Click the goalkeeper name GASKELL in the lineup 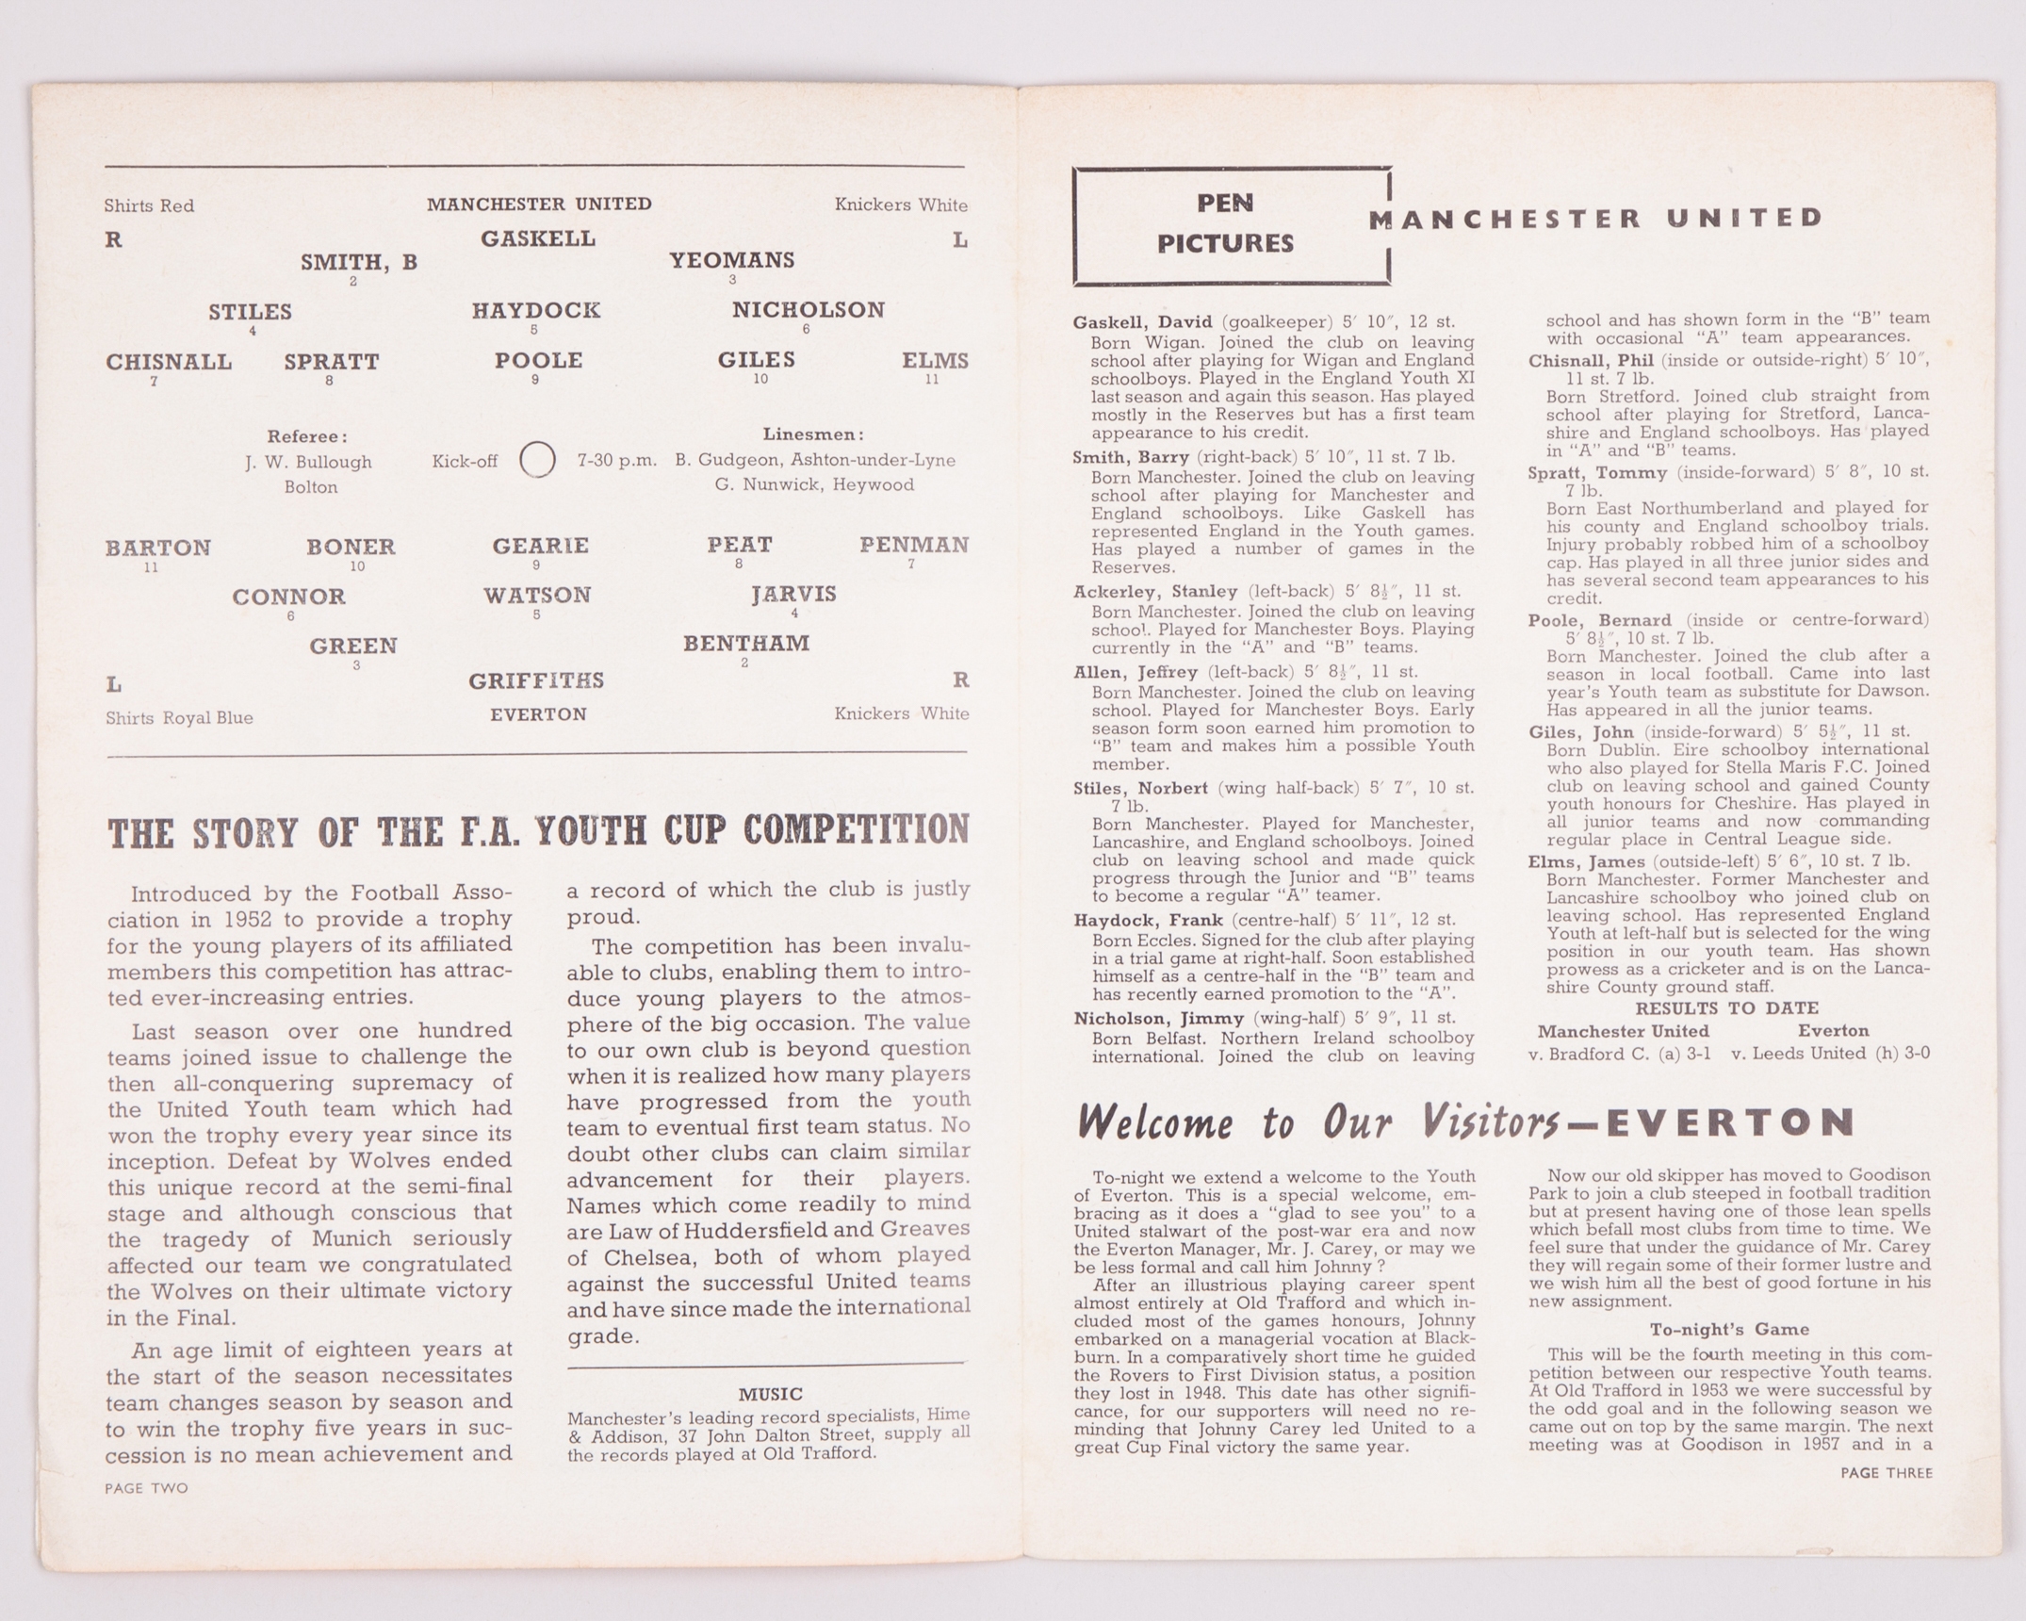538,239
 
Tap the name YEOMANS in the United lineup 732,260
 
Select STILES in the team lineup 250,312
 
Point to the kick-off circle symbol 537,461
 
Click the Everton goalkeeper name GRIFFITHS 536,680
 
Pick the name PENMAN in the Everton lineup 913,545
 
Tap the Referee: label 307,436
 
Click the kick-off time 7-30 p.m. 616,461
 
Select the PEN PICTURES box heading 1225,224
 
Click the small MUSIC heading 770,1394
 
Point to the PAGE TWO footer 146,1488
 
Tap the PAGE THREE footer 1886,1472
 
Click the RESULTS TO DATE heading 1726,1008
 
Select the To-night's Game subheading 1729,1330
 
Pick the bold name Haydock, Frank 1148,920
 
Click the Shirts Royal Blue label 179,718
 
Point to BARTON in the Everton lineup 158,548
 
